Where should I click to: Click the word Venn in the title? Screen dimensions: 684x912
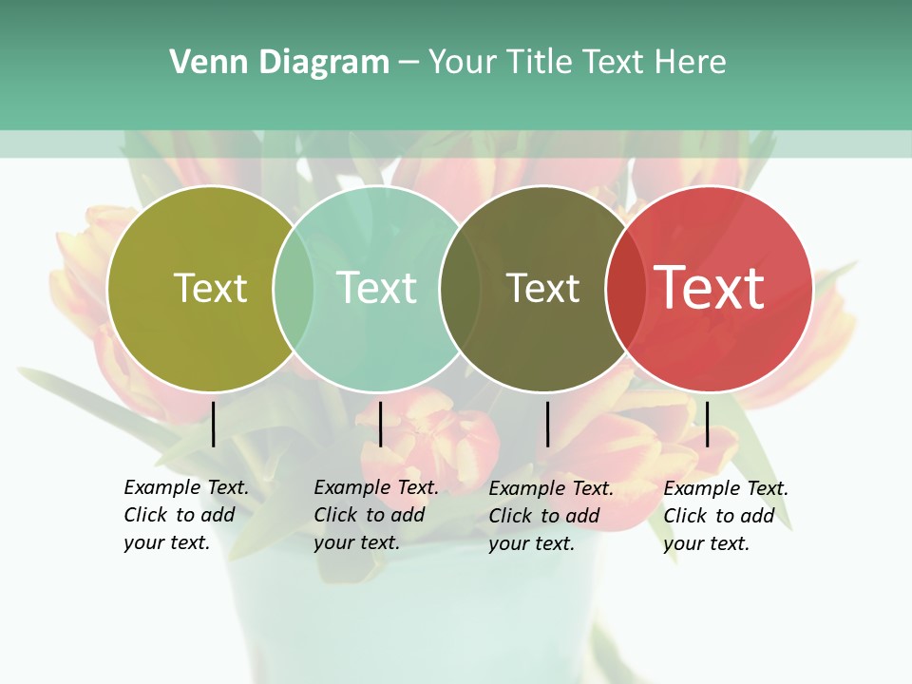pos(198,63)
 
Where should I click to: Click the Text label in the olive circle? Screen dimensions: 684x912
pos(210,288)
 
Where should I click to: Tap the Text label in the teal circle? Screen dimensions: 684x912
pos(376,288)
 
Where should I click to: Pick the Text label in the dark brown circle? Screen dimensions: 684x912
pos(542,288)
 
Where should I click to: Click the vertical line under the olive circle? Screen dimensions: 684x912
pos(214,424)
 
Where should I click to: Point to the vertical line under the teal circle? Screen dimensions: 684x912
pos(380,424)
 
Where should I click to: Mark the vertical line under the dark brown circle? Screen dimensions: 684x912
pos(547,424)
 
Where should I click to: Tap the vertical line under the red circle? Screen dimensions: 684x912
pos(707,424)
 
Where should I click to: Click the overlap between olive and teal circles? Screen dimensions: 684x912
pos(294,288)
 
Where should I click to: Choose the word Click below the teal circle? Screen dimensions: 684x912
pos(335,515)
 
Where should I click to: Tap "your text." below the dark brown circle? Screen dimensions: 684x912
pos(532,544)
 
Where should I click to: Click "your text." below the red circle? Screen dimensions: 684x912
pos(707,544)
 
